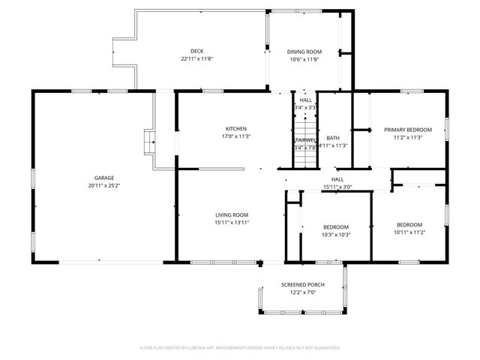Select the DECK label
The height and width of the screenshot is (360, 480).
tap(196, 51)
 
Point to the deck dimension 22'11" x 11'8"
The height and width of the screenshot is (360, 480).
tap(196, 59)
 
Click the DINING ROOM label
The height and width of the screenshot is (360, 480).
tap(304, 52)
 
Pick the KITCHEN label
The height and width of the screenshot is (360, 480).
tap(236, 129)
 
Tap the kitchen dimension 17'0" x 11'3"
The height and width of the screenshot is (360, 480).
tap(236, 136)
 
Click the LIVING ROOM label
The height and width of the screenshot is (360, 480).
tap(232, 214)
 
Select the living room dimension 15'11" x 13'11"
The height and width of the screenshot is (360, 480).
tap(232, 223)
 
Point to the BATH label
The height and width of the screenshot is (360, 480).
tap(332, 138)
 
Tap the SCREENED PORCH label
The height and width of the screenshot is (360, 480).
tap(302, 285)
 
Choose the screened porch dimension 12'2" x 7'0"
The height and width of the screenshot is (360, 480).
tap(302, 293)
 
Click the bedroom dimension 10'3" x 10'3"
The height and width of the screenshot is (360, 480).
tap(336, 235)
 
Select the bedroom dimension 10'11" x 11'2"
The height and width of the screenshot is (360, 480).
tap(409, 232)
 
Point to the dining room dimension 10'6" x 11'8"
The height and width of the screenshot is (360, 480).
tap(304, 60)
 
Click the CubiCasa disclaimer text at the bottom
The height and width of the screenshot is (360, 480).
tap(240, 347)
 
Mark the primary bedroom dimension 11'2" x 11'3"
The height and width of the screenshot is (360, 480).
tap(403, 137)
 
